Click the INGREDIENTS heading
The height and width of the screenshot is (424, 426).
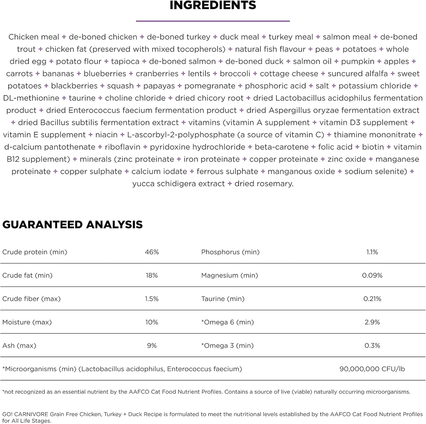pyautogui.click(x=213, y=6)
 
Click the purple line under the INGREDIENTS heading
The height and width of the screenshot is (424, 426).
pyautogui.click(x=213, y=21)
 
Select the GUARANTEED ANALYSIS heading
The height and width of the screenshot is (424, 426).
pyautogui.click(x=73, y=225)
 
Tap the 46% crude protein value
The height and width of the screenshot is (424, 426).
pyautogui.click(x=152, y=252)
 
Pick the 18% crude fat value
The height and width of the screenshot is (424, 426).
pyautogui.click(x=152, y=275)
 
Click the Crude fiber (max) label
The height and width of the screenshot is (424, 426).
pyautogui.click(x=32, y=299)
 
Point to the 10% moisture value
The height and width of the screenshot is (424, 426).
pyautogui.click(x=152, y=322)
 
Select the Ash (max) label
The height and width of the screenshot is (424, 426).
pyautogui.click(x=19, y=345)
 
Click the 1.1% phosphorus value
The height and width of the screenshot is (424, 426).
pyautogui.click(x=372, y=252)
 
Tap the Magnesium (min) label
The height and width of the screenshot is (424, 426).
pyautogui.click(x=230, y=275)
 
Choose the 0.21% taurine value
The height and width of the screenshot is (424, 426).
pyautogui.click(x=372, y=299)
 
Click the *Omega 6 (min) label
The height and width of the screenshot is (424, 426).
pyautogui.click(x=228, y=322)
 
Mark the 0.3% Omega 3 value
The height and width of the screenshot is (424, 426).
pyautogui.click(x=372, y=345)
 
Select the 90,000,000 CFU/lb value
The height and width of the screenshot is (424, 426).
pyautogui.click(x=372, y=369)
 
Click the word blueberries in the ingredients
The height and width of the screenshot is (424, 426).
pyautogui.click(x=105, y=74)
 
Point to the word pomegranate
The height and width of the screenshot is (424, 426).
pyautogui.click(x=210, y=86)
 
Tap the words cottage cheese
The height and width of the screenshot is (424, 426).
pyautogui.click(x=289, y=74)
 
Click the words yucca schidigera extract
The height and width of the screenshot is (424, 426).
pyautogui.click(x=179, y=184)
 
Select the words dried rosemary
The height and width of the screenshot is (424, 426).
pyautogui.click(x=264, y=184)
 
